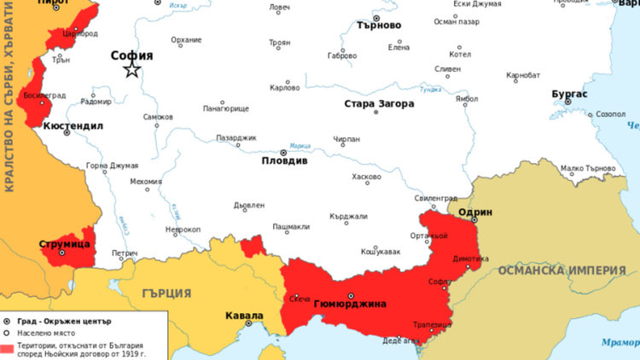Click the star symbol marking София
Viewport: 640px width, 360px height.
click(x=132, y=70)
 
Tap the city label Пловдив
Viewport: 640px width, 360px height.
click(x=284, y=160)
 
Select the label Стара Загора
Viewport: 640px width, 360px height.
click(x=379, y=104)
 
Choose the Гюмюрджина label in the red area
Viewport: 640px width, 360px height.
click(x=350, y=305)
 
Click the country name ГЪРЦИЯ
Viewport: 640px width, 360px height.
click(x=166, y=293)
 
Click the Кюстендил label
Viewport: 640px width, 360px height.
click(x=73, y=125)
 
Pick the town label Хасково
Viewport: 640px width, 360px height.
click(x=366, y=177)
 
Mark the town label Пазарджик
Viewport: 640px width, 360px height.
click(x=236, y=137)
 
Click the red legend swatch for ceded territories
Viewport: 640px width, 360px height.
click(x=8, y=348)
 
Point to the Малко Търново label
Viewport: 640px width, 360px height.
click(x=589, y=168)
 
